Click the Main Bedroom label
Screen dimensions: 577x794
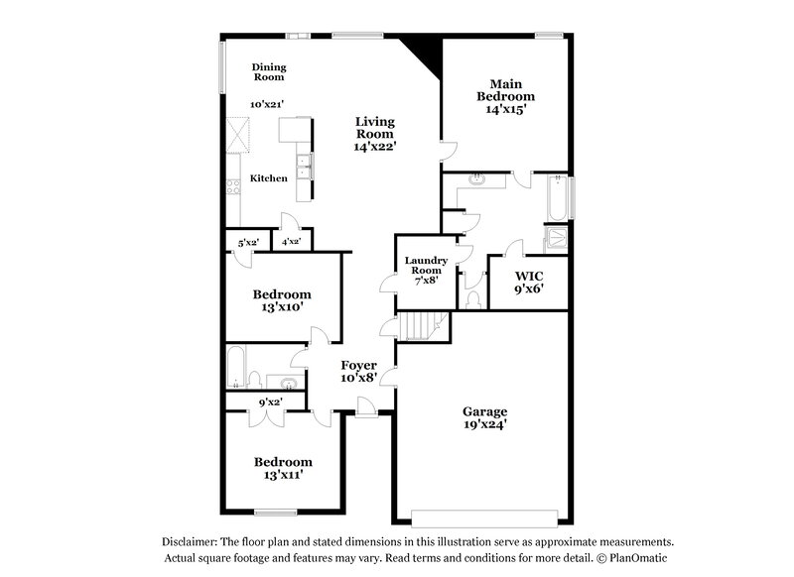[x=506, y=89]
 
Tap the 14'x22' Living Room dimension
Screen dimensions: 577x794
[x=375, y=146]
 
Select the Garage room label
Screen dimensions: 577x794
[x=485, y=411]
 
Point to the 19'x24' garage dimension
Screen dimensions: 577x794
[x=485, y=425]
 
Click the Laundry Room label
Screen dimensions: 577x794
[x=427, y=266]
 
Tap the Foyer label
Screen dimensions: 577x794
[x=359, y=365]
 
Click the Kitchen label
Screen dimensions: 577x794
[x=268, y=178]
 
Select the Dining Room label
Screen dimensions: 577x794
[x=268, y=71]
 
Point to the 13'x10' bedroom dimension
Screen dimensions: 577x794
[x=282, y=307]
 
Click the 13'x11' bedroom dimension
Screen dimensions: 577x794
[x=283, y=475]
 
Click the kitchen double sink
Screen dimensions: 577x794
[x=305, y=164]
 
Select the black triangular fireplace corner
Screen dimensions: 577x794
[x=423, y=53]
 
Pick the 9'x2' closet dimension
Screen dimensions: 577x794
[x=270, y=403]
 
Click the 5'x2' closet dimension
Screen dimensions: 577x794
[x=248, y=241]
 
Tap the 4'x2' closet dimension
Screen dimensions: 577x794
[x=292, y=241]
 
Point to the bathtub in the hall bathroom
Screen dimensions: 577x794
[x=236, y=367]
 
